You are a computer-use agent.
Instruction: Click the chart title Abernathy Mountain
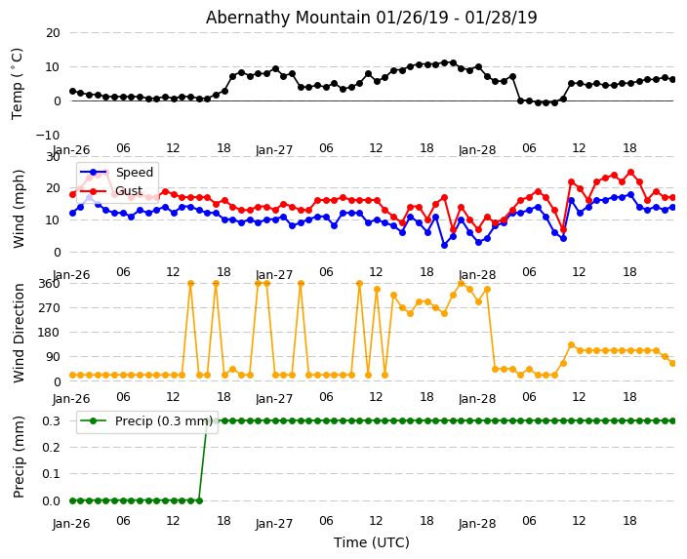coord(371,18)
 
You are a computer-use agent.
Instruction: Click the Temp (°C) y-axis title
coord(18,83)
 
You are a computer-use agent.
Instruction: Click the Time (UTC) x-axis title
coord(371,543)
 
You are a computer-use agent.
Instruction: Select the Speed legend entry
coord(134,173)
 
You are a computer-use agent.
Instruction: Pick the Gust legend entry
coord(130,190)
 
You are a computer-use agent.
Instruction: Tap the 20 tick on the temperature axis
coord(52,32)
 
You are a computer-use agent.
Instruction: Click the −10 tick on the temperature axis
coord(47,135)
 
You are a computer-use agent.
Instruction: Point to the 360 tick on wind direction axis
coord(48,283)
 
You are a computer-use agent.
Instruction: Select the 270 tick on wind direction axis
coord(48,307)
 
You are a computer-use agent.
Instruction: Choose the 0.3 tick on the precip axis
coord(50,420)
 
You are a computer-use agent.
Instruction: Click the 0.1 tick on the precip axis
coord(50,474)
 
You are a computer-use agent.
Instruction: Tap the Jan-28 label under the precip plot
coord(477,523)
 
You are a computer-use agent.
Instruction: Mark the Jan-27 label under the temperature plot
coord(274,151)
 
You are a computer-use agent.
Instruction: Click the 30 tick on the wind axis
coord(52,156)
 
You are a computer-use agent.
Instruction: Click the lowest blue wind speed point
coord(444,245)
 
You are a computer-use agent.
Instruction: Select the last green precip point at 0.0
coord(199,500)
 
